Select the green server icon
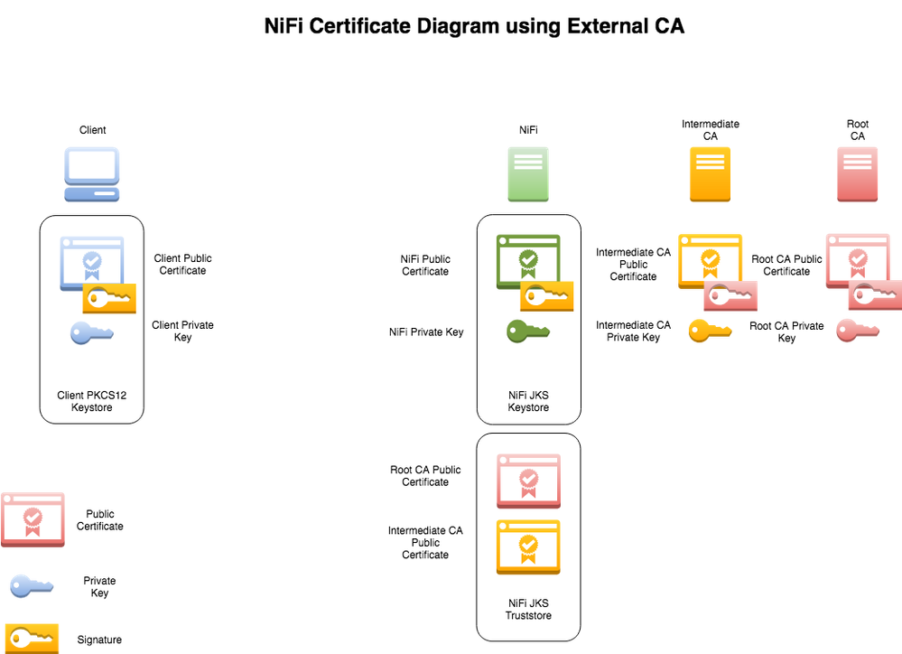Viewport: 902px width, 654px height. tap(528, 174)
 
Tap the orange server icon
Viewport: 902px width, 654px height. tap(710, 174)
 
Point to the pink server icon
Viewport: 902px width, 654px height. tap(858, 174)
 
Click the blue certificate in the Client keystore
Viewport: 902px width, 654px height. tap(90, 259)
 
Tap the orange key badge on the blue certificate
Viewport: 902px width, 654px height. tap(109, 297)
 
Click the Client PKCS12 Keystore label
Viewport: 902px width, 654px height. tap(91, 401)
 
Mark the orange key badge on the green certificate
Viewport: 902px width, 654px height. tap(546, 296)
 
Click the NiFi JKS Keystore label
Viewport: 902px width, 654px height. tap(528, 401)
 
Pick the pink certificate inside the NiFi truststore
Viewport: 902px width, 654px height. tap(528, 480)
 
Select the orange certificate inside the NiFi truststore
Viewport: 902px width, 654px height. tap(528, 546)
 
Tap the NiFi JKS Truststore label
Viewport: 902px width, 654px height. tap(528, 609)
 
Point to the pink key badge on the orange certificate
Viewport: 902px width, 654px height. tap(730, 295)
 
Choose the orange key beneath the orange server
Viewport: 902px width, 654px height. tap(710, 332)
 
